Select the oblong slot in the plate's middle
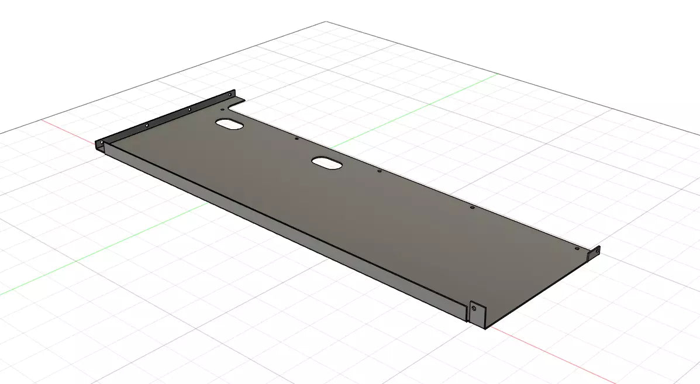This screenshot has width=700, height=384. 327,163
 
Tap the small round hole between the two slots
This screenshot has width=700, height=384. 297,139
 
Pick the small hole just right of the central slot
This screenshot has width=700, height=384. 379,171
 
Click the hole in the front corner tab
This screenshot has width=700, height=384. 474,307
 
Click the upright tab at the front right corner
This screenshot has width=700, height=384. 477,314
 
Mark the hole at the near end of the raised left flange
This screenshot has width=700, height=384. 102,142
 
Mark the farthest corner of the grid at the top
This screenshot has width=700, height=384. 326,22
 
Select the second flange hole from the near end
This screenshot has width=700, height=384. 147,125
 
